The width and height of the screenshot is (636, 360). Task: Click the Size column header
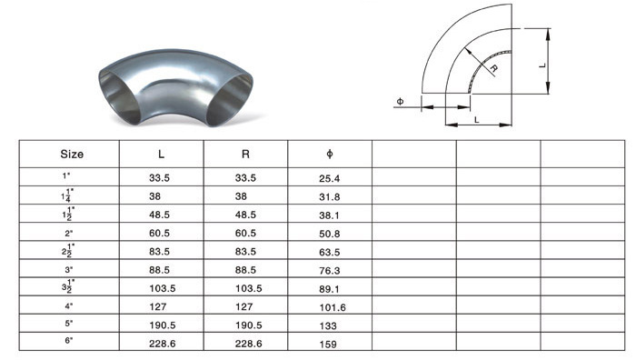72,155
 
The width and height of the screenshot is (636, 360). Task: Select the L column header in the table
161,155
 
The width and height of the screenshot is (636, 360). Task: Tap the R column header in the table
245,155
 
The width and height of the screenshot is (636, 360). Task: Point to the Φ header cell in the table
329,154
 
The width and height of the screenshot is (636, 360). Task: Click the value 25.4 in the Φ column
329,178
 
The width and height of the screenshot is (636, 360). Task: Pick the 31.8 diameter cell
329,197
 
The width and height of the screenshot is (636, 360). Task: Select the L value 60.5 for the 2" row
159,233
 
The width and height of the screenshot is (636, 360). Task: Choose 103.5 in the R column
248,288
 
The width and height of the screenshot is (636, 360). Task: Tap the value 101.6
333,307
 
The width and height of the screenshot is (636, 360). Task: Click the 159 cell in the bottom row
328,345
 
